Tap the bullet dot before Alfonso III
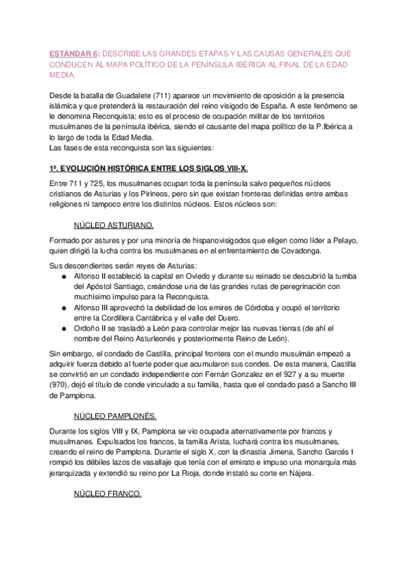pyautogui.click(x=63, y=310)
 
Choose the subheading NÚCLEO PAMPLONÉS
pyautogui.click(x=115, y=415)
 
